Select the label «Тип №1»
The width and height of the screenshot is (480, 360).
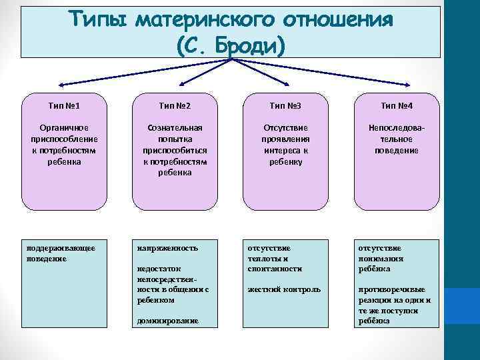65,105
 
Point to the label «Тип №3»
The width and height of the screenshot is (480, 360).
286,105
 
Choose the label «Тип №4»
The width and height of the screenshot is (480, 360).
397,105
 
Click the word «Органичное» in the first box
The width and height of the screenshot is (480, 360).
65,127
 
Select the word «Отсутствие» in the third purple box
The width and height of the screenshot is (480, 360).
286,127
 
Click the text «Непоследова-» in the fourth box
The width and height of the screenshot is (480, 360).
397,127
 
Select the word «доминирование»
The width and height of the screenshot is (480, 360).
167,321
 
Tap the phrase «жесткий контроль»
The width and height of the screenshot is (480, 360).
284,289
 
